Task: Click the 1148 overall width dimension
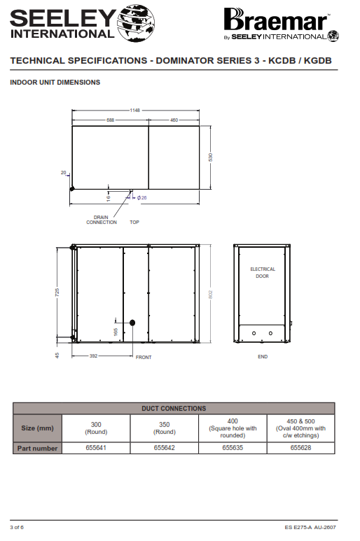(x=135, y=110)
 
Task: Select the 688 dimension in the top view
(x=110, y=120)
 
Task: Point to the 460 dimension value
(x=174, y=120)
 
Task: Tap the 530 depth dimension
(x=211, y=157)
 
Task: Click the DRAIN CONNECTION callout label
(x=102, y=220)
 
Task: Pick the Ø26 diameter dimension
(x=142, y=197)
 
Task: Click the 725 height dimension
(x=57, y=293)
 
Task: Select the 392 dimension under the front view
(x=94, y=356)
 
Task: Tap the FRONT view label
(x=144, y=357)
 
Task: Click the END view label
(x=263, y=356)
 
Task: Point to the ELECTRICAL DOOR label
(x=263, y=272)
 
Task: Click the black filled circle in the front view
(x=132, y=323)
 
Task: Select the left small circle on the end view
(x=254, y=333)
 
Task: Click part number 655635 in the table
(x=233, y=447)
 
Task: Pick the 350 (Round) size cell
(x=165, y=428)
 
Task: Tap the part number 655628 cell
(x=300, y=448)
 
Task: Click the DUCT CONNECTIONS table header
(x=174, y=409)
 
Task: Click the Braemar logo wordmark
(x=275, y=20)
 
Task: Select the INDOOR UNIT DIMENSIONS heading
(x=55, y=83)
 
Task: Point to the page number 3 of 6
(x=17, y=527)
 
